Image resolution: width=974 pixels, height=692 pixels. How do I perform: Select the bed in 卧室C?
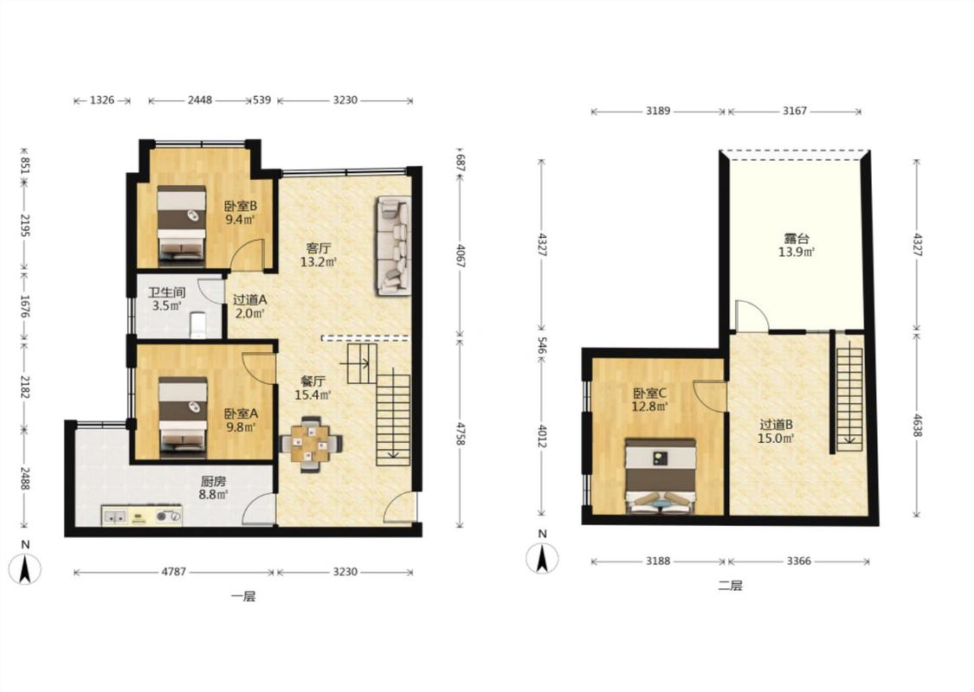[661, 477]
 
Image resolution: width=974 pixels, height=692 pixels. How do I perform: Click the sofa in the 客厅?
[393, 246]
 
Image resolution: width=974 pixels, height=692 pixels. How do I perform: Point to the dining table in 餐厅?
[311, 443]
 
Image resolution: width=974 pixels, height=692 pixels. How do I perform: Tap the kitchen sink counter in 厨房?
[142, 516]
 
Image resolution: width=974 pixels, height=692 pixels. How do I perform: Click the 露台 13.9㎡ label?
[797, 245]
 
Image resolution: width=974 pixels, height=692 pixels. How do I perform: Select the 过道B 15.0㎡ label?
[777, 432]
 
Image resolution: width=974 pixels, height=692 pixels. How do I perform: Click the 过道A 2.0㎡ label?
[249, 306]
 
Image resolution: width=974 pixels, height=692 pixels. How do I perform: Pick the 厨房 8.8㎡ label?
[213, 488]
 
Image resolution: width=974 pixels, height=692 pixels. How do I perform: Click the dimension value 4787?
[174, 572]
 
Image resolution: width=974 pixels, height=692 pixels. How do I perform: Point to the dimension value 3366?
[799, 561]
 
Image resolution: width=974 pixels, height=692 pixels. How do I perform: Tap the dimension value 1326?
[102, 100]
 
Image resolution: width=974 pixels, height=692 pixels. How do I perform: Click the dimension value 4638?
[916, 424]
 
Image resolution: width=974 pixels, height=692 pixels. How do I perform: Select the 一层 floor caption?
[243, 597]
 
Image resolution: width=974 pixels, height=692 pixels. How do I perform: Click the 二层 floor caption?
[731, 586]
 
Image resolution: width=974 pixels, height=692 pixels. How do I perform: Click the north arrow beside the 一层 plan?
[25, 569]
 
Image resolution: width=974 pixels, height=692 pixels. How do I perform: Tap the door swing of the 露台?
[751, 315]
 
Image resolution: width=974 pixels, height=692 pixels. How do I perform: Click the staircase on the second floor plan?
[850, 399]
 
